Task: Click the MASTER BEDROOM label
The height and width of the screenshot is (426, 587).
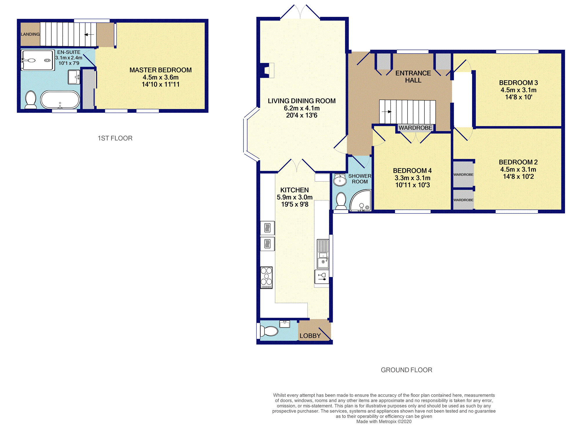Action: pyautogui.click(x=160, y=70)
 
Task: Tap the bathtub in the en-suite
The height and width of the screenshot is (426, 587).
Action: pyautogui.click(x=60, y=100)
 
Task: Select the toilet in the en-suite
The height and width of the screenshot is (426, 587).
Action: pyautogui.click(x=31, y=100)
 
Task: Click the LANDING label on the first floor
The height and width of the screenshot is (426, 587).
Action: pyautogui.click(x=30, y=34)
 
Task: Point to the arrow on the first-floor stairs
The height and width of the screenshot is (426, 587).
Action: pyautogui.click(x=89, y=34)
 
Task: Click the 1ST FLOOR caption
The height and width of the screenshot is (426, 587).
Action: pyautogui.click(x=115, y=138)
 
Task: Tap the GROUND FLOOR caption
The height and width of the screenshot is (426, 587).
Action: pyautogui.click(x=406, y=370)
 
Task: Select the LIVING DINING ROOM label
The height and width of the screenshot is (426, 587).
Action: pyautogui.click(x=301, y=101)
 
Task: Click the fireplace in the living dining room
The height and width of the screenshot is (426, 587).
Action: pyautogui.click(x=267, y=70)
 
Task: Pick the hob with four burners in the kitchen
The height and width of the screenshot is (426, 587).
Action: pyautogui.click(x=266, y=278)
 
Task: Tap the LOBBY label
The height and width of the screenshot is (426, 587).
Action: pyautogui.click(x=310, y=336)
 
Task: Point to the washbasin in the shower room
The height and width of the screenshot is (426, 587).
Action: pyautogui.click(x=340, y=180)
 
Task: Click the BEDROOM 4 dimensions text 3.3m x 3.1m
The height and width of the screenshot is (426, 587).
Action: pyautogui.click(x=412, y=178)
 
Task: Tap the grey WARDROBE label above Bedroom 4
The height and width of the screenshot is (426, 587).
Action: pyautogui.click(x=415, y=128)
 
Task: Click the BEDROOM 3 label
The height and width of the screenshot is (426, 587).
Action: pyautogui.click(x=518, y=83)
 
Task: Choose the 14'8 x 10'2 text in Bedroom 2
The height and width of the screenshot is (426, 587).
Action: pyautogui.click(x=518, y=176)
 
